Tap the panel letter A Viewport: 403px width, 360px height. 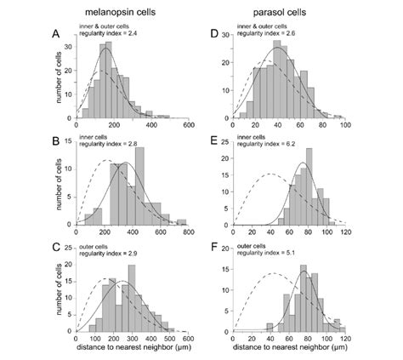55,35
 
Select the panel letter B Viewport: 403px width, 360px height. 55,135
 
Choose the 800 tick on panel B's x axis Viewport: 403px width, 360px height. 189,231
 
